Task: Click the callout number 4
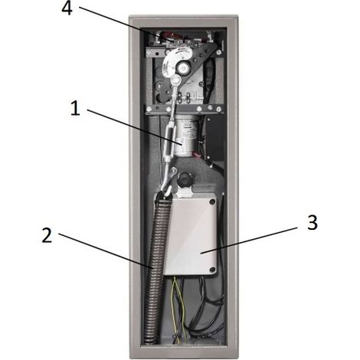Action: tap(67, 9)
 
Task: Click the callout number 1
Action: tap(75, 108)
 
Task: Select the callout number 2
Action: tap(47, 236)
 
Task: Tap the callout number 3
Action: tap(313, 222)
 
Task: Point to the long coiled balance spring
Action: tap(155, 268)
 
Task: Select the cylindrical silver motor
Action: tap(185, 136)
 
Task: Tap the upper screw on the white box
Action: tap(211, 201)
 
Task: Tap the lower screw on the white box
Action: tap(211, 269)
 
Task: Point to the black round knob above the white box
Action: tap(185, 179)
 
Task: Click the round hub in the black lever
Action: tap(183, 68)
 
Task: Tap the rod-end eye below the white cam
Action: tap(176, 80)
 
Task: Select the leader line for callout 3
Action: tap(249, 241)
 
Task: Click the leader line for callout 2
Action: tap(106, 250)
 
